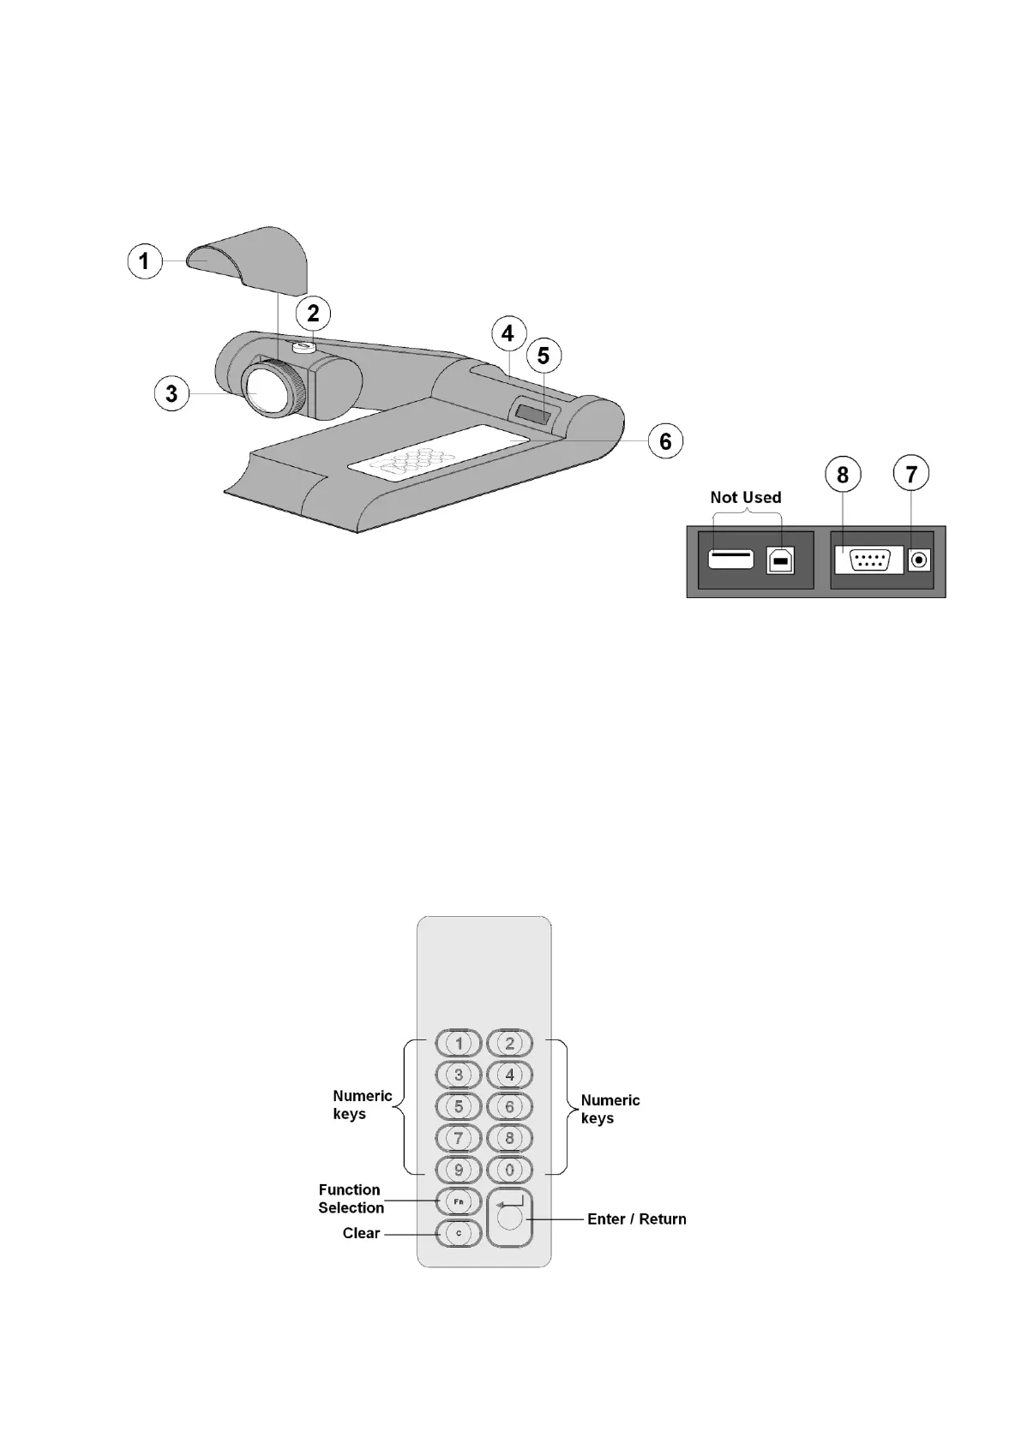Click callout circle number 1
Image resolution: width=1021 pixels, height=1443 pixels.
[x=144, y=260]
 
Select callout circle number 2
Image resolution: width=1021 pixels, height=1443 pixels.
[x=313, y=314]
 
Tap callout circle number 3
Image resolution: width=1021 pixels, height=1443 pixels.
[x=171, y=393]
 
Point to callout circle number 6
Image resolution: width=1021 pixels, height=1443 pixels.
[x=665, y=441]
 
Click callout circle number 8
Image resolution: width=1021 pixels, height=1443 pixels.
[x=843, y=474]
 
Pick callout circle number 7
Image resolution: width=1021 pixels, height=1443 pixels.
[x=911, y=474]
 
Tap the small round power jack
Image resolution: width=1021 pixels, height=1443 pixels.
[x=919, y=561]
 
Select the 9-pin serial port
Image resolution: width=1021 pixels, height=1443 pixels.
[x=868, y=561]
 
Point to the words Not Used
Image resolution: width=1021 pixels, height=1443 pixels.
[x=745, y=497]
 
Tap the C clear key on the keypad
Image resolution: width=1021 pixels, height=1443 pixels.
[x=458, y=1233]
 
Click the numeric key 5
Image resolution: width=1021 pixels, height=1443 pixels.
[x=459, y=1106]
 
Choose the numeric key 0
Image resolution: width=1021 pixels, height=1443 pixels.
[x=510, y=1170]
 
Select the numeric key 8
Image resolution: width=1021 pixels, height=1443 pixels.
[x=510, y=1138]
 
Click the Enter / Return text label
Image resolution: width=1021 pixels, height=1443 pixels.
[x=636, y=1218]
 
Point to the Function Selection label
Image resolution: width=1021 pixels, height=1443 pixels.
[x=351, y=1198]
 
